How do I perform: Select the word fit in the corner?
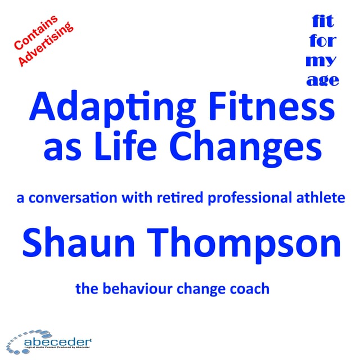click(323, 22)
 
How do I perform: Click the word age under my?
click(323, 80)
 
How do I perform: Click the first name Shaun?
click(81, 244)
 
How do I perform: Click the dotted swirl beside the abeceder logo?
click(20, 341)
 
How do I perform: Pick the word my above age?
click(323, 60)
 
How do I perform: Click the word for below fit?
click(323, 41)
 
